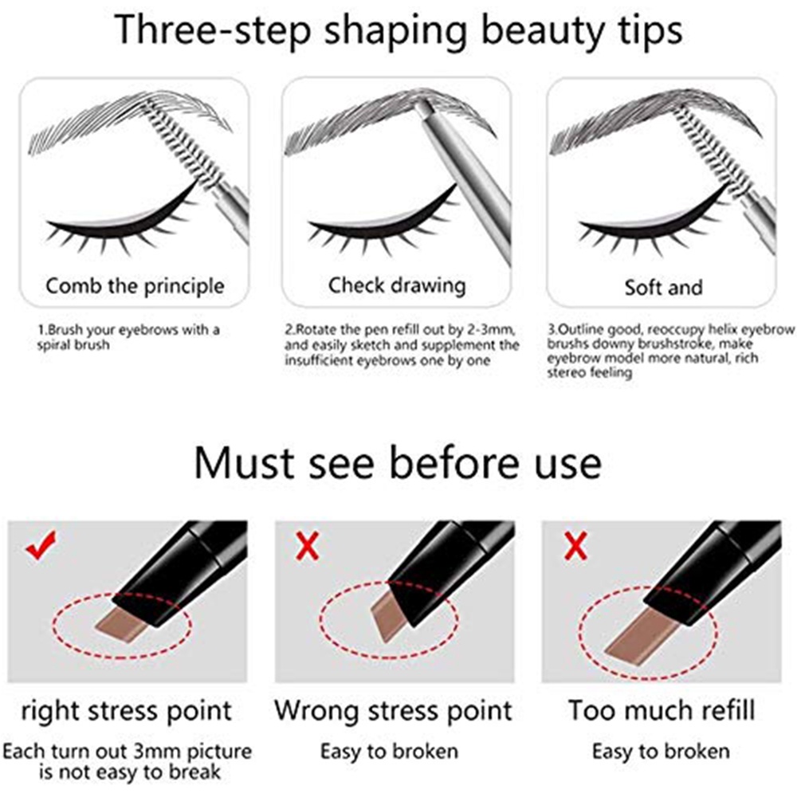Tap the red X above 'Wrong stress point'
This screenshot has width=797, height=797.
click(x=308, y=547)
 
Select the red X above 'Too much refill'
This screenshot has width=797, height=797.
click(x=575, y=547)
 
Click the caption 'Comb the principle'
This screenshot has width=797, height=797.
click(x=135, y=286)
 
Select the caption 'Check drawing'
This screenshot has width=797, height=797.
click(x=397, y=285)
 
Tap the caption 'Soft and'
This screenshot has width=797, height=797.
click(x=663, y=288)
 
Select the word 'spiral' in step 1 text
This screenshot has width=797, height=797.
click(x=54, y=345)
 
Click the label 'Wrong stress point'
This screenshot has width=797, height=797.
click(x=394, y=711)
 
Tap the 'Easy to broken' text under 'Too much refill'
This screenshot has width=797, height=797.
click(x=661, y=752)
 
